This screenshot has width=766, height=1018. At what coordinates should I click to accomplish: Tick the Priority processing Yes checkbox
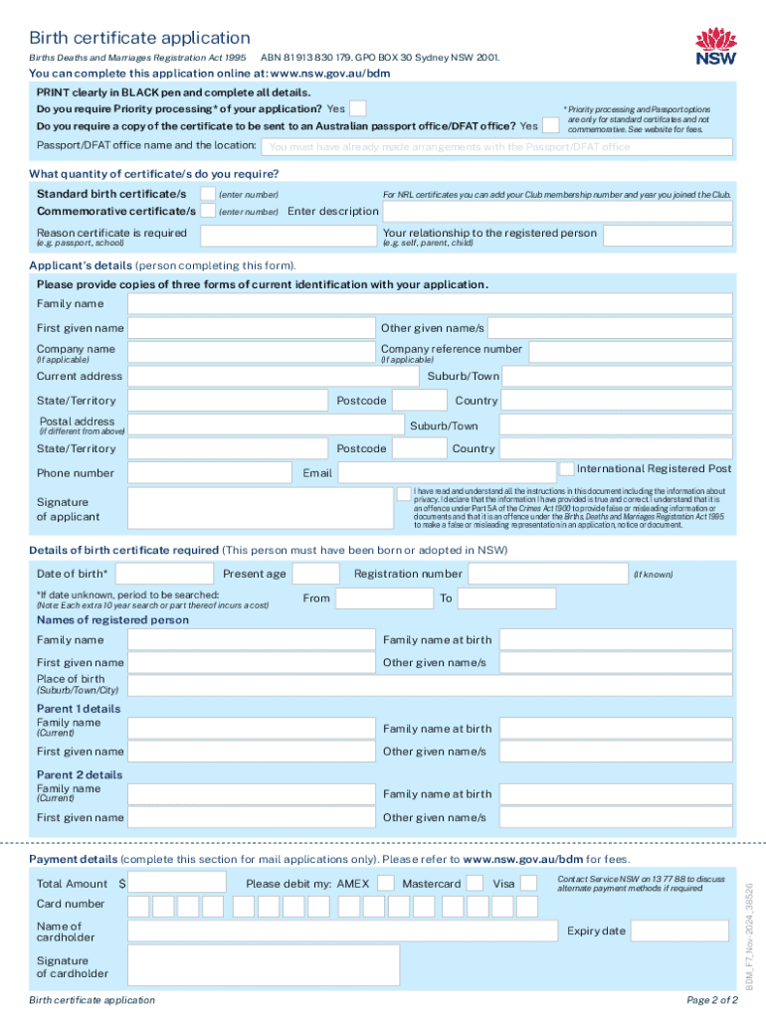click(358, 108)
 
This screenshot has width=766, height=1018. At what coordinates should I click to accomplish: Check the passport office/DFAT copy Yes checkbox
click(550, 125)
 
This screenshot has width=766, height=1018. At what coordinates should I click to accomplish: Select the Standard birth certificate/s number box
click(208, 193)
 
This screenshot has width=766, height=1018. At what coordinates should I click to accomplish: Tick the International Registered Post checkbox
click(566, 468)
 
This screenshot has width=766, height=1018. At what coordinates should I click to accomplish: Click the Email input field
click(446, 472)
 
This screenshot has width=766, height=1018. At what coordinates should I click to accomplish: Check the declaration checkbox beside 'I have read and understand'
click(403, 493)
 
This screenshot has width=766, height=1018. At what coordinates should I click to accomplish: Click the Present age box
click(316, 574)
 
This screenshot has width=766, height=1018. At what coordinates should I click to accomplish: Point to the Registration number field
click(547, 574)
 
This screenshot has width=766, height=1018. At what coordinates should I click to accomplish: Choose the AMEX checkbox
click(384, 883)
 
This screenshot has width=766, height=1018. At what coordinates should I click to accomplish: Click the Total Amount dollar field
click(182, 883)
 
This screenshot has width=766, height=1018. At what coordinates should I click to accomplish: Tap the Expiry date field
click(672, 932)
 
